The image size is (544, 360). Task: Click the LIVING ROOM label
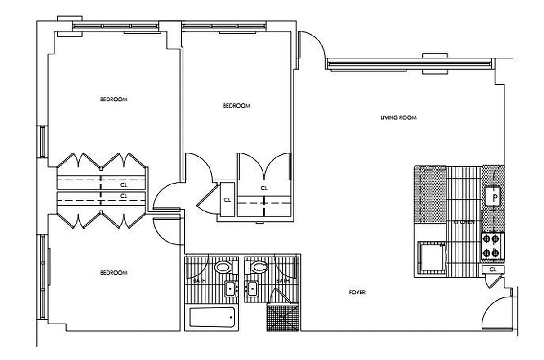coord(398,118)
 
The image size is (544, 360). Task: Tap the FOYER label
coord(357,292)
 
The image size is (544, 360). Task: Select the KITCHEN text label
coord(464,222)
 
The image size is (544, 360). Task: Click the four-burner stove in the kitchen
coord(492,246)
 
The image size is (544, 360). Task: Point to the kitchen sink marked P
coord(494,197)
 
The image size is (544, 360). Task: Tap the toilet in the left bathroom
coord(223,267)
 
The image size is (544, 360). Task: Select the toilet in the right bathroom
coord(259,267)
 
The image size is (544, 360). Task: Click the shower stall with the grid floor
coord(283,317)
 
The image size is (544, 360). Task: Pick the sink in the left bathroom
coord(231,288)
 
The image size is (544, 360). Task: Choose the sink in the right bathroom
coord(252,288)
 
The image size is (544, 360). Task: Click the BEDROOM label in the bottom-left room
coord(113,273)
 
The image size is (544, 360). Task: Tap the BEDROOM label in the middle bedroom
coord(236,106)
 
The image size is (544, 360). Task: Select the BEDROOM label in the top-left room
coord(113,99)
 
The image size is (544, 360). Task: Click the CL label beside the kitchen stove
coord(493,270)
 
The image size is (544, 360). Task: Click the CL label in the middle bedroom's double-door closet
coord(264,188)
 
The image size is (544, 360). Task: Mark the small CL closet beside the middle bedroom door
coord(227,200)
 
